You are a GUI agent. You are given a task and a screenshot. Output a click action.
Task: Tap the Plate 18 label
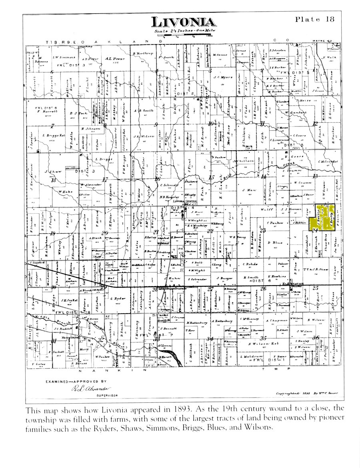(x=314, y=19)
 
